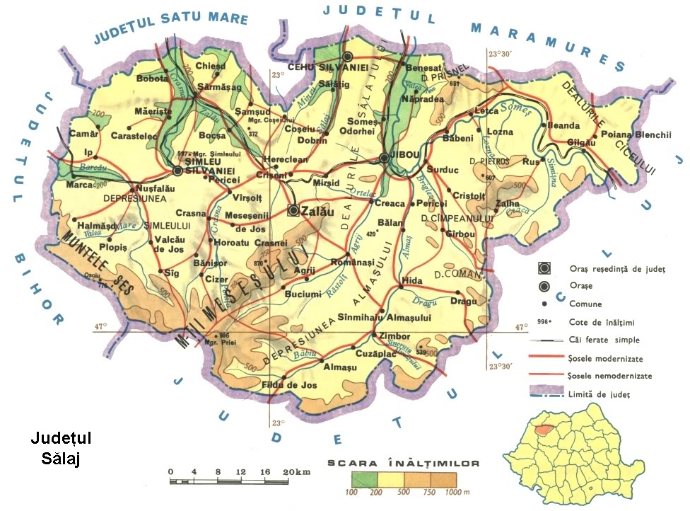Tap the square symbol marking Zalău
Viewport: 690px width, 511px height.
pos(293,210)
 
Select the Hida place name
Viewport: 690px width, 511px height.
pos(411,281)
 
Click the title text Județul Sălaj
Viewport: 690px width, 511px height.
pos(61,449)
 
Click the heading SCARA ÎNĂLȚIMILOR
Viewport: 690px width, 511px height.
pos(404,464)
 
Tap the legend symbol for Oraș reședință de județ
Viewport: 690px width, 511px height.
pos(544,268)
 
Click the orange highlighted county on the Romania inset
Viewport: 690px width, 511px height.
pos(544,430)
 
